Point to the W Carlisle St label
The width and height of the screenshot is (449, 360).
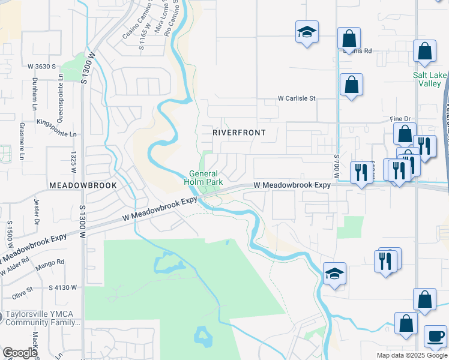(296, 98)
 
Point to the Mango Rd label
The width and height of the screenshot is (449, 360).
(52, 262)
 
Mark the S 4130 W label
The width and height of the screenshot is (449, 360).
(63, 287)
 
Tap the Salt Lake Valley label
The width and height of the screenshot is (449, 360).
(429, 79)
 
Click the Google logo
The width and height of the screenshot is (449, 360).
(20, 353)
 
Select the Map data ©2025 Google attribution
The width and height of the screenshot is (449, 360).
(411, 355)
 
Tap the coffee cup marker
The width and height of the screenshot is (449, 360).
(435, 336)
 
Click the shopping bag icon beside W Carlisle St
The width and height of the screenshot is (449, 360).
(351, 85)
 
